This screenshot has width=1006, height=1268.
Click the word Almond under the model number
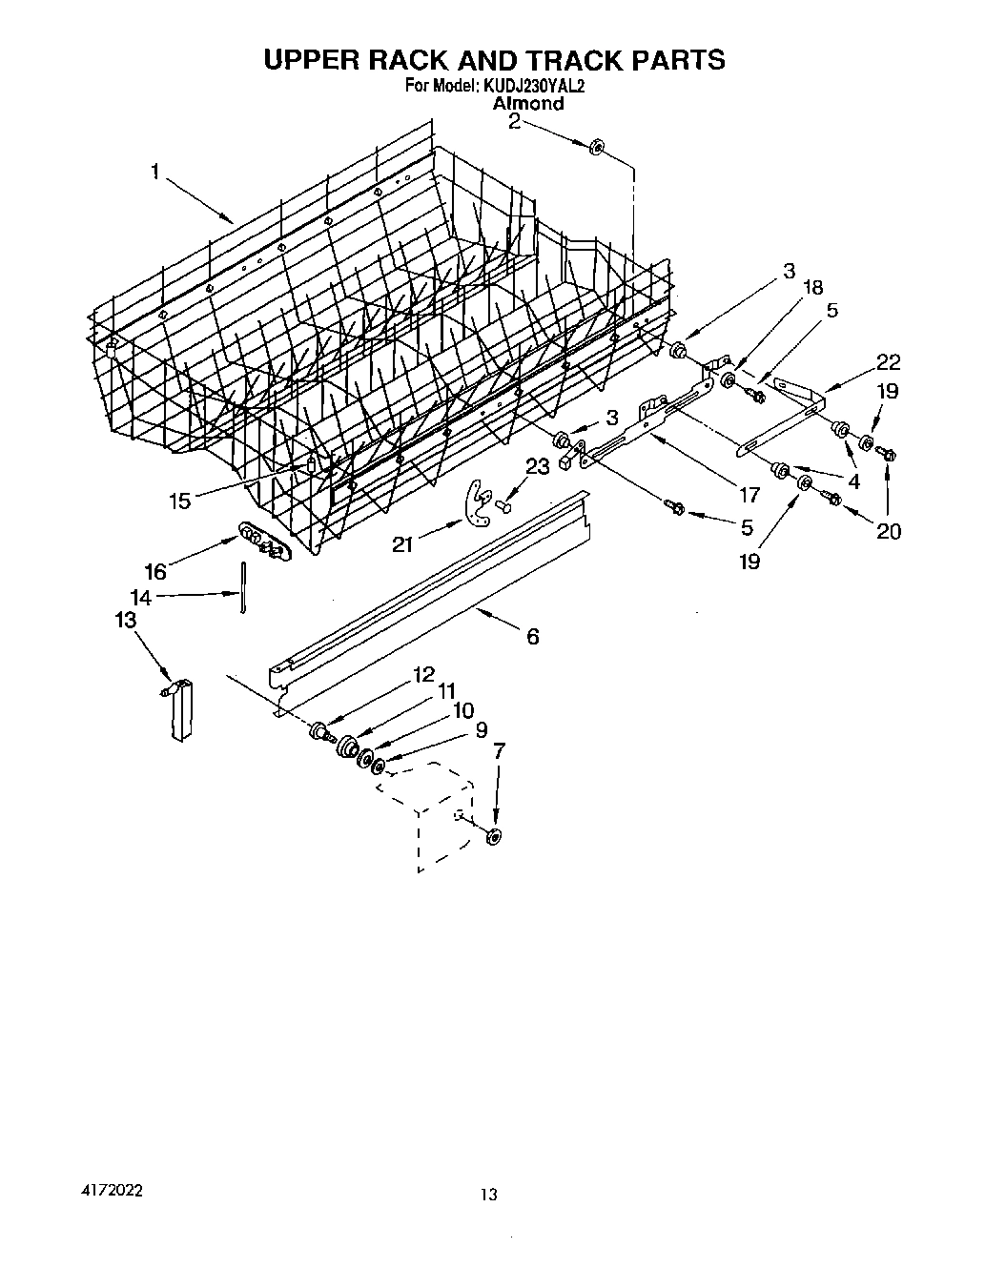coord(527,104)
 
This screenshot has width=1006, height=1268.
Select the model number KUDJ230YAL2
coord(533,86)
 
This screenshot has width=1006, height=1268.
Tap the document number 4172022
coord(113,1192)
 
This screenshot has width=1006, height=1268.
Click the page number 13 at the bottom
coord(490,1194)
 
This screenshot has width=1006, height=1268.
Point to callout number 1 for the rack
coord(154,172)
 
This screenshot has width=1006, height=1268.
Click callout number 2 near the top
coord(514,121)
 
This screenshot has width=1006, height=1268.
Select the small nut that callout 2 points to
coord(597,146)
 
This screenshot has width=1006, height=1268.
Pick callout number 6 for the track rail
coord(532,636)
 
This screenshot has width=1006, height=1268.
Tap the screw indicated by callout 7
coord(494,836)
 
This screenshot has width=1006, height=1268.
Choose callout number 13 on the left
coord(124,620)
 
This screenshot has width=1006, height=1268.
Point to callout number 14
coord(140,598)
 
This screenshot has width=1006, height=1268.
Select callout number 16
coord(155,571)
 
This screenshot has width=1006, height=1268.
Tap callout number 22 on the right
coord(888,362)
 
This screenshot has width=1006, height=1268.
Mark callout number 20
coord(888,531)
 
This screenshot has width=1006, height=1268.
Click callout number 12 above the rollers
coord(423,674)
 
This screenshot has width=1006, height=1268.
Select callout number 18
coord(812,287)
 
